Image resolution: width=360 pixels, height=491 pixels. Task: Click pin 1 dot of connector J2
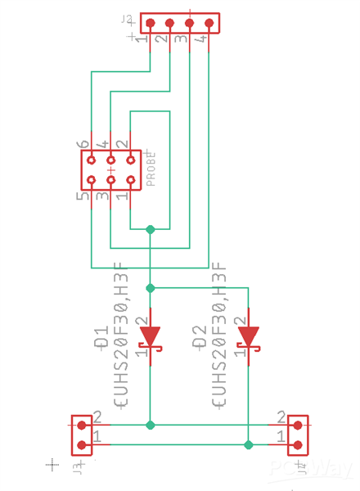click(x=151, y=24)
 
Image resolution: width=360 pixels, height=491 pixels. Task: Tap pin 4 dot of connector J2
click(x=209, y=24)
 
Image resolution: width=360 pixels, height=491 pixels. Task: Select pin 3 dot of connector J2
click(x=190, y=24)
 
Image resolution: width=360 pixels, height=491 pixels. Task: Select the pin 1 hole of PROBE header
click(x=130, y=180)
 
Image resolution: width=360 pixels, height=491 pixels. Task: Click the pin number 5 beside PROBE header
click(x=83, y=197)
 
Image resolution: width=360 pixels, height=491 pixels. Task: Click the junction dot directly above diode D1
click(x=150, y=288)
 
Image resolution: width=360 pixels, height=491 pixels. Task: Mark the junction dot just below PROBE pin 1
click(x=150, y=230)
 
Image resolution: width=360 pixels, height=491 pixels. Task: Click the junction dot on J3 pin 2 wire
click(x=150, y=425)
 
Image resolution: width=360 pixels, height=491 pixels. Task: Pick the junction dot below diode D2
click(x=248, y=444)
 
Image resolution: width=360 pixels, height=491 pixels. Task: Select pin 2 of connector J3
click(x=82, y=425)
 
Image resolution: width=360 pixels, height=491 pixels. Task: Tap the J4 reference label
click(x=301, y=469)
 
